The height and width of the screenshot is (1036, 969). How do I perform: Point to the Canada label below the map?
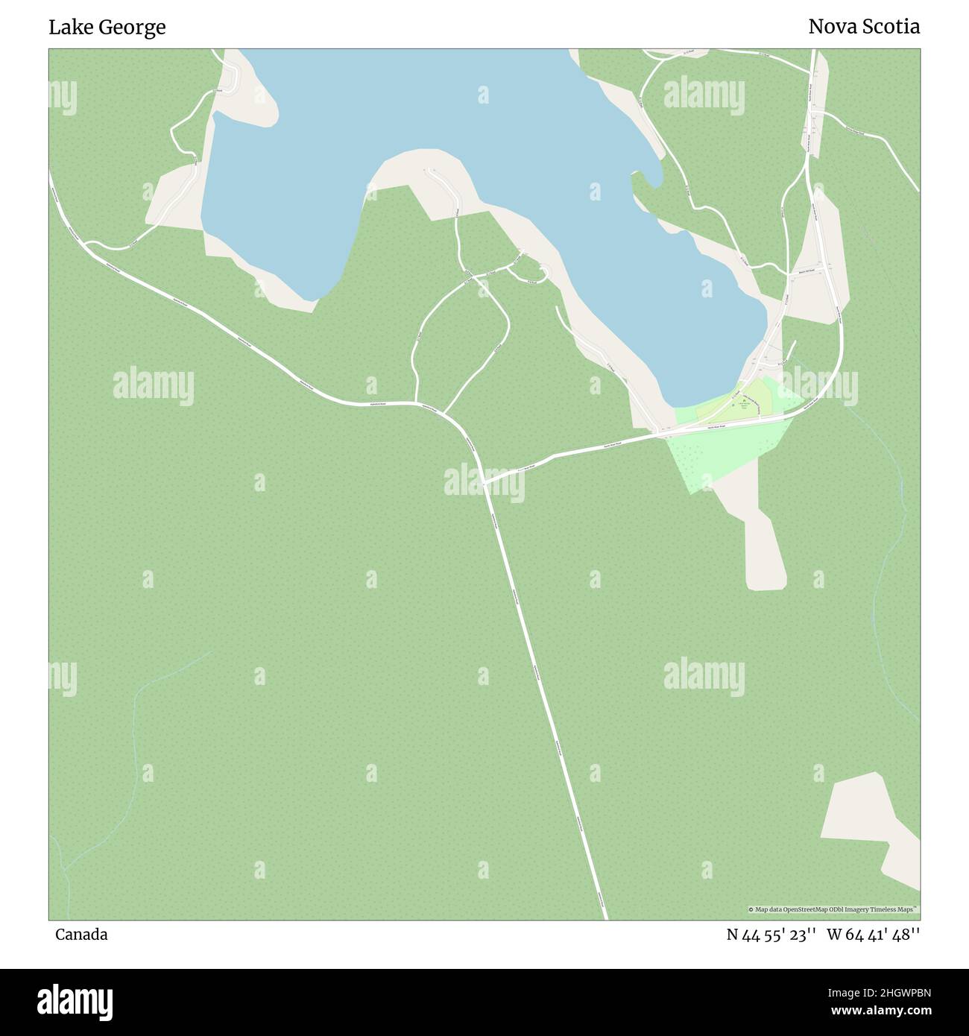click(81, 935)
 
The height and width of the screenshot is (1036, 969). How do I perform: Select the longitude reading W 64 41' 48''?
click(873, 935)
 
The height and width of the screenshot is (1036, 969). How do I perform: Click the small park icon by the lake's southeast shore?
click(743, 400)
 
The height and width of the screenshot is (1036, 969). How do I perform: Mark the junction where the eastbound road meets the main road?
click(484, 483)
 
